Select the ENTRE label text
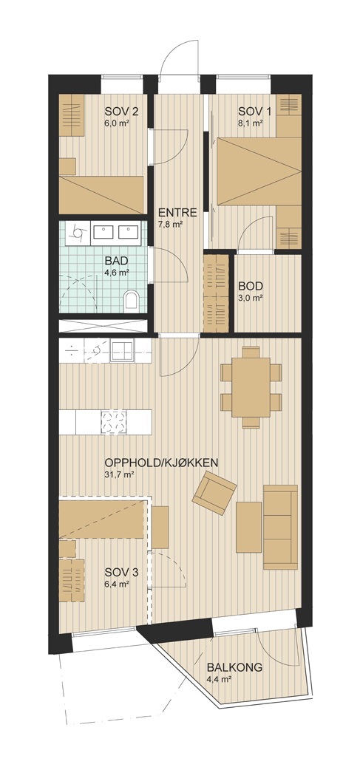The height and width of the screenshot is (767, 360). pos(177,213)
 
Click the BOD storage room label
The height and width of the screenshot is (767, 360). pos(251,286)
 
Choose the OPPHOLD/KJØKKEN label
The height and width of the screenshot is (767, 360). pos(161,463)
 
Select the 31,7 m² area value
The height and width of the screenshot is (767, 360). pos(119,474)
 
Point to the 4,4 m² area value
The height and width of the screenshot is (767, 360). pos(219,678)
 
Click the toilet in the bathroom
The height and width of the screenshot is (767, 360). pos(131,300)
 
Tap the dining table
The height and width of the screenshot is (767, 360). pos(251,387)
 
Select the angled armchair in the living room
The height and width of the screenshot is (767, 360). pos(214,493)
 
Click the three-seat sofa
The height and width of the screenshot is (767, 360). pos(280,527)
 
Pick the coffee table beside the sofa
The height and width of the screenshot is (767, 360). pos(249,528)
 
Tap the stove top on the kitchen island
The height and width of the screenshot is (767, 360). pos(114,422)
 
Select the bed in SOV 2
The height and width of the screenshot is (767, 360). pos(103,195)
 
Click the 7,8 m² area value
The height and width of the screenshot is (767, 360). pos(170,225)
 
